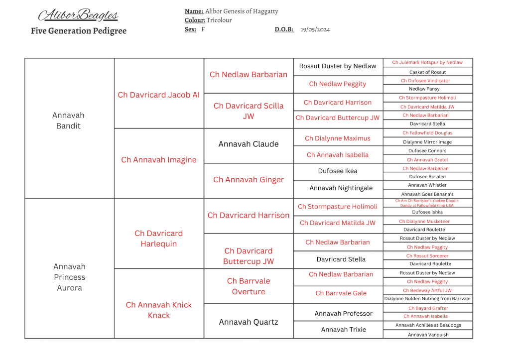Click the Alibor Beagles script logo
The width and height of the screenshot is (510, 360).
pyautogui.click(x=78, y=15)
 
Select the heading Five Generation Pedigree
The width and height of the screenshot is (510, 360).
pyautogui.click(x=79, y=31)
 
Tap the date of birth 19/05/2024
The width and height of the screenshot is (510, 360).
pyautogui.click(x=315, y=29)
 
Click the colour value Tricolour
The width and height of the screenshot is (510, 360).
pyautogui.click(x=219, y=20)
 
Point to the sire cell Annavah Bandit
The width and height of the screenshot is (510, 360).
pyautogui.click(x=68, y=120)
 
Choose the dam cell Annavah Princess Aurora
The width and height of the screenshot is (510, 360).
pyautogui.click(x=69, y=277)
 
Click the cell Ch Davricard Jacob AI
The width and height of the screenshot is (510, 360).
pyautogui.click(x=158, y=95)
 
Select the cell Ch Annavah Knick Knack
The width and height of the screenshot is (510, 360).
pyautogui.click(x=158, y=310)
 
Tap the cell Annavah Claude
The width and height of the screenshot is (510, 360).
pyautogui.click(x=249, y=144)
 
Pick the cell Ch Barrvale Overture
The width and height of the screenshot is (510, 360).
pyautogui.click(x=249, y=286)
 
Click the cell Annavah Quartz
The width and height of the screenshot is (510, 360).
pyautogui.click(x=249, y=322)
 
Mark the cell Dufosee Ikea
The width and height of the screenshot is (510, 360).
pyautogui.click(x=338, y=171)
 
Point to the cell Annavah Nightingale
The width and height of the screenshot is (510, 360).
pyautogui.click(x=338, y=188)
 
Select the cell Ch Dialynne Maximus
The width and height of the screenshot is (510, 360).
pyautogui.click(x=338, y=138)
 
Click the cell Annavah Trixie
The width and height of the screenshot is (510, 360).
pyautogui.click(x=343, y=329)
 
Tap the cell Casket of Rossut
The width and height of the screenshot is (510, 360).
pyautogui.click(x=427, y=72)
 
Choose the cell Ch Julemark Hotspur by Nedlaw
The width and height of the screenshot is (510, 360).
pyautogui.click(x=427, y=62)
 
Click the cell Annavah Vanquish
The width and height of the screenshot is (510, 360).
pyautogui.click(x=428, y=335)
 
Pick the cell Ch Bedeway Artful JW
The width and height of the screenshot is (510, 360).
pyautogui.click(x=427, y=290)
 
